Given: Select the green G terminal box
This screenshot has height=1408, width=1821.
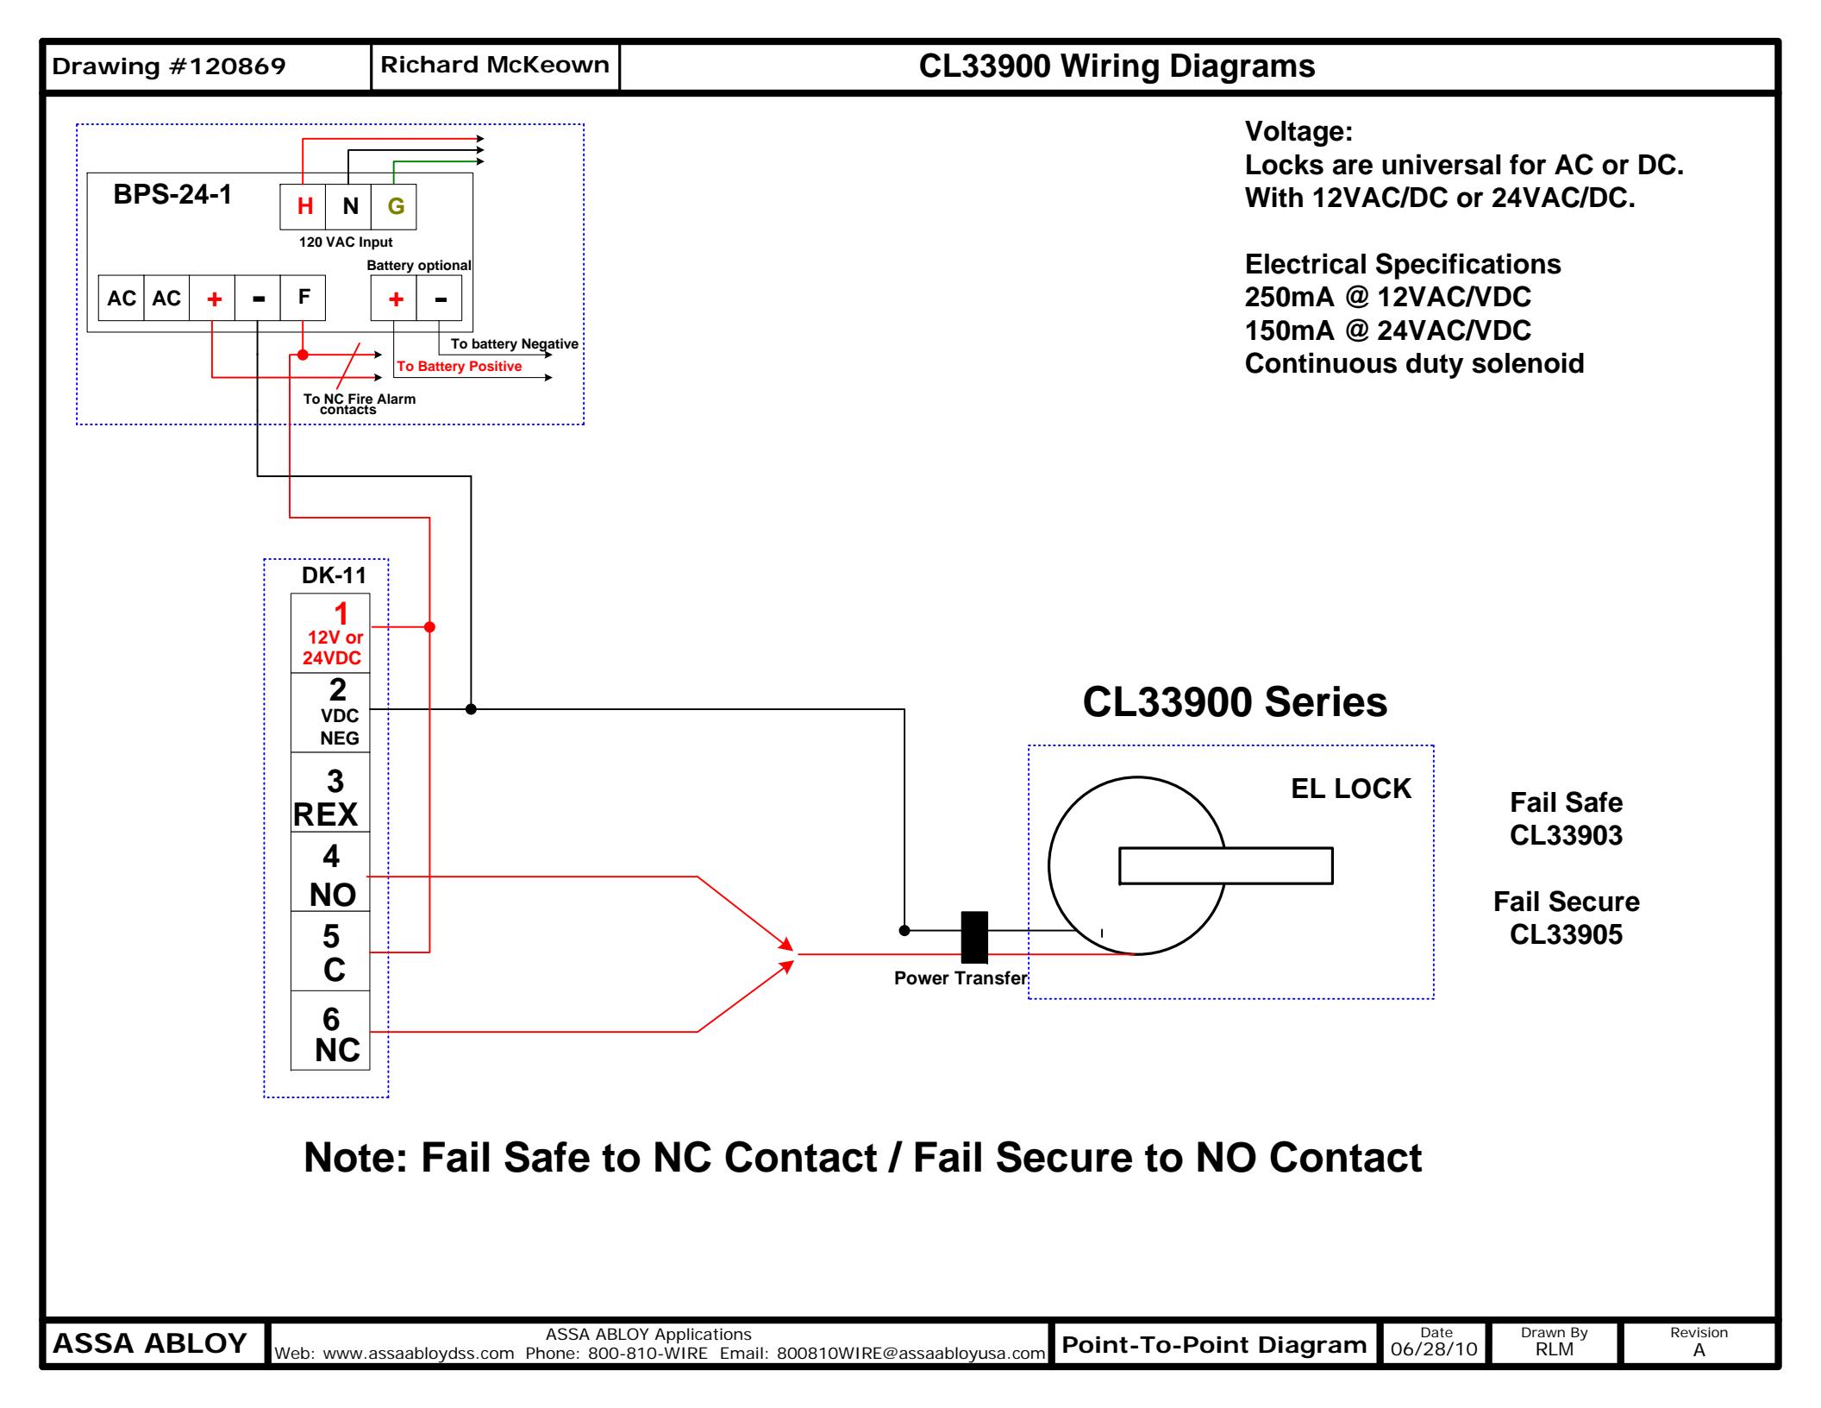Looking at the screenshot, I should [394, 207].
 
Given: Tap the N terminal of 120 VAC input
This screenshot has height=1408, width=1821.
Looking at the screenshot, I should [349, 207].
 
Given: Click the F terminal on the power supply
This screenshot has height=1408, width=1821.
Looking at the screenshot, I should [303, 298].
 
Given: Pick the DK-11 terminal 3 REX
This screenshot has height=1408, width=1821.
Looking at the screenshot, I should [330, 793].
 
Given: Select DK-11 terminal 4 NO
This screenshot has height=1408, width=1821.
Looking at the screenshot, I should [330, 872].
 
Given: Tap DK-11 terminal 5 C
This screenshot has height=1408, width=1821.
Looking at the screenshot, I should [330, 952].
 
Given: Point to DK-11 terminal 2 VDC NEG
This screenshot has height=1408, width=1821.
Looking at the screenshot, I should [330, 713].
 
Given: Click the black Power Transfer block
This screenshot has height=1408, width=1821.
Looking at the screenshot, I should [974, 937].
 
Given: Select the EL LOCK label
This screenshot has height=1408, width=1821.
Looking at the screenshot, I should [1350, 789].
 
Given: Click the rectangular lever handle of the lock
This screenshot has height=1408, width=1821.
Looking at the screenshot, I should [1225, 866].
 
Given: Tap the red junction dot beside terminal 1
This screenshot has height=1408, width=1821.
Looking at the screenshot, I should [429, 627].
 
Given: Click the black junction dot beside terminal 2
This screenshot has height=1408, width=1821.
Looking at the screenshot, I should [471, 709].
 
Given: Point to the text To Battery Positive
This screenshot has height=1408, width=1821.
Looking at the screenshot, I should [459, 367].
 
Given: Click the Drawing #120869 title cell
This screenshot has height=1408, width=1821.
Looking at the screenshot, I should [169, 66].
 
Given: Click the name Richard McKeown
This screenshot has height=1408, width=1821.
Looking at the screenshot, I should [494, 66].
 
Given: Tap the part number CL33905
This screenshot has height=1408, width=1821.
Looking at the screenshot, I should [1566, 934].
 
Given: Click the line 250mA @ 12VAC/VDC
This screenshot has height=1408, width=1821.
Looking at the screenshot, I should [1387, 297].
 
